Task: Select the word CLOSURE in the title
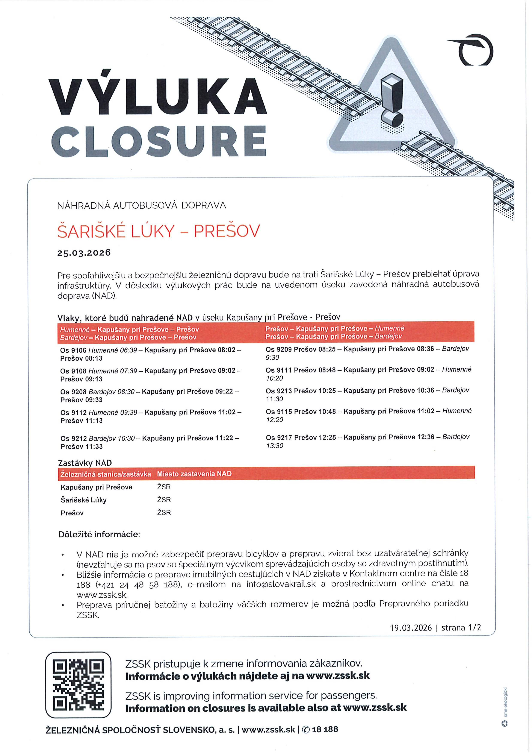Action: tap(159, 141)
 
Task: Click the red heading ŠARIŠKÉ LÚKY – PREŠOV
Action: tap(158, 231)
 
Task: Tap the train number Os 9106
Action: tap(73, 350)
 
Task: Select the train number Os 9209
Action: tap(279, 349)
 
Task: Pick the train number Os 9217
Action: tap(279, 437)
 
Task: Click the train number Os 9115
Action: tap(279, 411)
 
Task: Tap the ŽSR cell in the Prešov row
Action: tap(164, 513)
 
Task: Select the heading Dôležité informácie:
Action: tap(99, 534)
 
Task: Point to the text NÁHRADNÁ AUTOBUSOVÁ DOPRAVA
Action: tap(142, 206)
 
